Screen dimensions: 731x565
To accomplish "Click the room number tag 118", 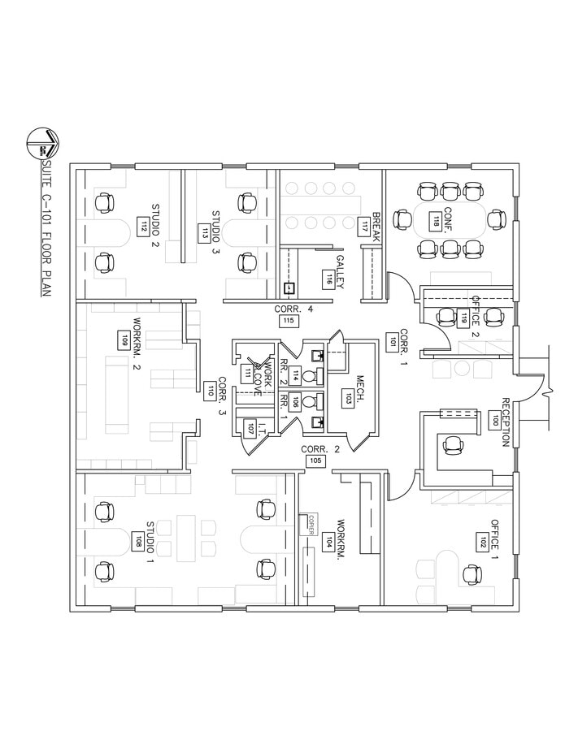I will [x=437, y=219].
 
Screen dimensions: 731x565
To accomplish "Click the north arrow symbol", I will [x=41, y=143].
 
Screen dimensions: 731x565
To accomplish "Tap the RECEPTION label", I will [x=506, y=422].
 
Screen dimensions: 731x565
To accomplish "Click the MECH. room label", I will [x=360, y=388].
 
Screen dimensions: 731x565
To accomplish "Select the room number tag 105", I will [x=315, y=461].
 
